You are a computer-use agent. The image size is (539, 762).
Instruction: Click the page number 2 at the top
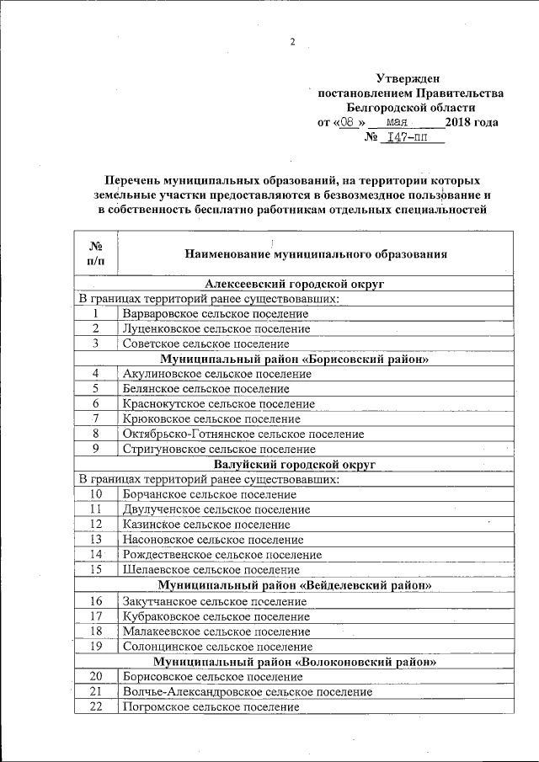[x=292, y=43]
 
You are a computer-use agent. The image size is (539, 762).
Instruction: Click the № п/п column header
[x=96, y=253]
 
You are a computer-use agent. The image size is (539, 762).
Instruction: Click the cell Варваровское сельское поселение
[x=215, y=313]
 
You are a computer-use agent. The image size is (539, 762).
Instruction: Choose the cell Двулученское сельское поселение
[x=216, y=509]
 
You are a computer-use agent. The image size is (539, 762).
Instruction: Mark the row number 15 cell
[x=96, y=570]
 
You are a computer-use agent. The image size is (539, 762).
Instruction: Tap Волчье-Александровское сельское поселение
[x=247, y=691]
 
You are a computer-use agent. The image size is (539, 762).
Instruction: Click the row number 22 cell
[x=96, y=706]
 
